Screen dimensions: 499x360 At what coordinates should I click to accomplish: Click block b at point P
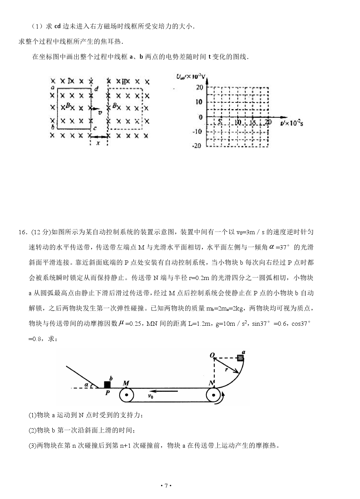coord(107,384)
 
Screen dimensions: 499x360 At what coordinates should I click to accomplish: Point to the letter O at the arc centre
coord(212,355)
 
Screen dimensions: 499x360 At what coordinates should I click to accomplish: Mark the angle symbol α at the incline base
coord(86,385)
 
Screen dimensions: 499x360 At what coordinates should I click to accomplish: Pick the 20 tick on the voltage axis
coord(199,87)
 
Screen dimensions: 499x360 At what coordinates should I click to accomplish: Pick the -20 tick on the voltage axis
coord(198,146)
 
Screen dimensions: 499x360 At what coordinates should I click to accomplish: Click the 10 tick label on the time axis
coord(238,122)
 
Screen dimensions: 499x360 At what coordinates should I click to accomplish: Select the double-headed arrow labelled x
coord(99,136)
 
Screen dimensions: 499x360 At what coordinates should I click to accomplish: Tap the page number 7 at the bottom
coord(166,485)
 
